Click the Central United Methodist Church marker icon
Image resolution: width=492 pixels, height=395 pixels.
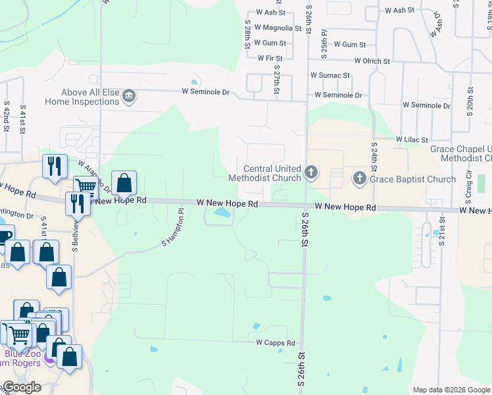311,173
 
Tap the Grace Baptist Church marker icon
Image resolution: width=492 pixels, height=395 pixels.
359,178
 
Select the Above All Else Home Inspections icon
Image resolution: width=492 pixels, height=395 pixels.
129,97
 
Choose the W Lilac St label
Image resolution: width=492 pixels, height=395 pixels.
412,140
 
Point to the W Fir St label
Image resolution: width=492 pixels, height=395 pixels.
270,59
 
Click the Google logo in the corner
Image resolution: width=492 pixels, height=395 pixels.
22,387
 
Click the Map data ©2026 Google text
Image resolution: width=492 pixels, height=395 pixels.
451,390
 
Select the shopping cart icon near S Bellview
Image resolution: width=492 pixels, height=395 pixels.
85,187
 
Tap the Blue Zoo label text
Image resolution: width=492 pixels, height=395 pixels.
23,354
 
